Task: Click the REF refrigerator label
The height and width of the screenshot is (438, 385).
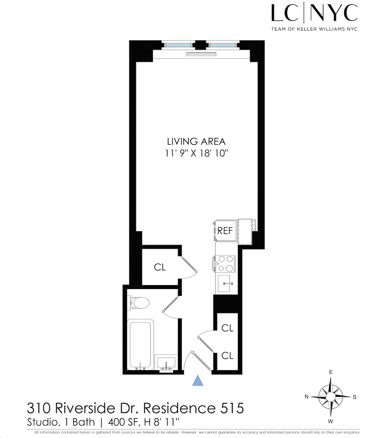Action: point(225,230)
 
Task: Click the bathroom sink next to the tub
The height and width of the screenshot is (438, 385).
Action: point(166,363)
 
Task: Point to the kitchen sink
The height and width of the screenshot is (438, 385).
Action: point(224,283)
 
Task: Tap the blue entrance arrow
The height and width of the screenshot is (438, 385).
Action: point(198,381)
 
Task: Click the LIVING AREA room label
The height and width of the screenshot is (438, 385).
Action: point(196,141)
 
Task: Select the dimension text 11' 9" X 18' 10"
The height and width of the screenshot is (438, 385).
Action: point(196,153)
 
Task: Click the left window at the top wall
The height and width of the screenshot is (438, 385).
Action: point(178,45)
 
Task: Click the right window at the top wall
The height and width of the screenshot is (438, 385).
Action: point(223,45)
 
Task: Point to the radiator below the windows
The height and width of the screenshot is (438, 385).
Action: point(201,54)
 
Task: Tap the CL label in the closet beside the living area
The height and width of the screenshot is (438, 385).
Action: point(160,267)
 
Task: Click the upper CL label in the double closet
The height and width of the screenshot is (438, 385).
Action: point(227,328)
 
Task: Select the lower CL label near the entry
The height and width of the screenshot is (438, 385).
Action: point(227,356)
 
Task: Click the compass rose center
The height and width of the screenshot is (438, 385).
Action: point(330,397)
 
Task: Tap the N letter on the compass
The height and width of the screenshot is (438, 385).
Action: point(307,397)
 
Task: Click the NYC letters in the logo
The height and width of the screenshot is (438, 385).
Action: point(334,13)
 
